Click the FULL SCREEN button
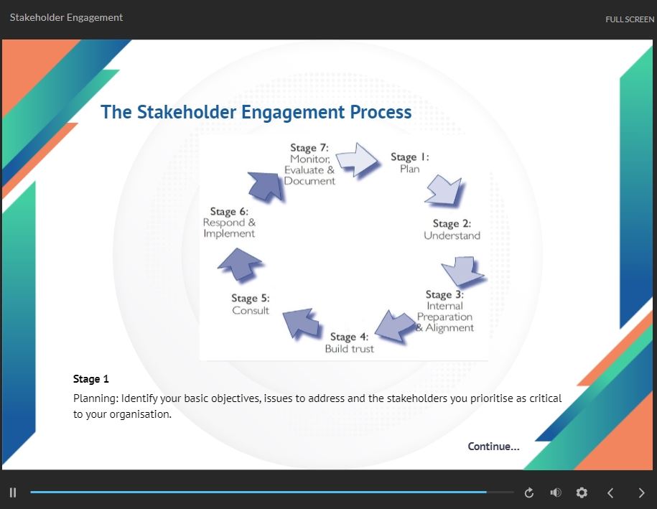click(629, 19)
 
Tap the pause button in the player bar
click(13, 492)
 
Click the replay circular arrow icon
click(529, 492)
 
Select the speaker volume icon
click(556, 492)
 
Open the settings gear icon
click(582, 492)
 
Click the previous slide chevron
click(610, 492)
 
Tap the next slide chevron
click(641, 492)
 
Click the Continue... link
click(493, 447)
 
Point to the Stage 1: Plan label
click(410, 162)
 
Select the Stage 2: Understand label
click(452, 230)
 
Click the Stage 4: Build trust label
click(350, 342)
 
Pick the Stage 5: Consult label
click(251, 304)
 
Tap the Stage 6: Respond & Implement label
click(229, 223)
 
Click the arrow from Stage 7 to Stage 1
click(358, 159)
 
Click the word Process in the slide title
click(381, 112)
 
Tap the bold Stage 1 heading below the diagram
click(91, 379)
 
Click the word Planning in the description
click(96, 398)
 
